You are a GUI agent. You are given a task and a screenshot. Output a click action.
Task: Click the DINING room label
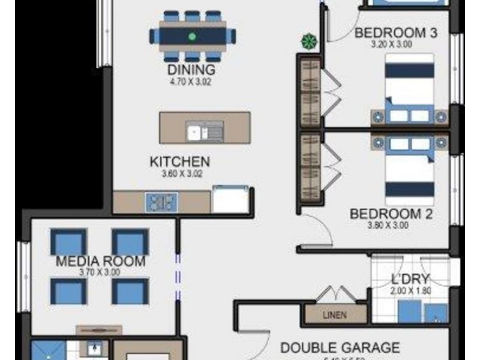tap(191, 71)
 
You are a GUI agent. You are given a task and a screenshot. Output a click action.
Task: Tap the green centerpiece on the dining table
tap(192, 37)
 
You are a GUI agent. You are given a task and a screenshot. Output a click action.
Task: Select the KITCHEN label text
tap(179, 162)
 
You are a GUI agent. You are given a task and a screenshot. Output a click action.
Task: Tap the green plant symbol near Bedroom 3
tap(308, 41)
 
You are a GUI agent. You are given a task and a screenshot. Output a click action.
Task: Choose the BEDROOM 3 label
tap(395, 33)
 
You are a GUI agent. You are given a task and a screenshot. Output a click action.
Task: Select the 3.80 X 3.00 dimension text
tap(388, 226)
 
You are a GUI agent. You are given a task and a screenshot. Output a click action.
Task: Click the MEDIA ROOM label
tap(100, 262)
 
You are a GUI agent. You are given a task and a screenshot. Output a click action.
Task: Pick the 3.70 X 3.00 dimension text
tap(100, 272)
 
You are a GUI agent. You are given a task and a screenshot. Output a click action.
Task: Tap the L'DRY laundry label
tap(410, 279)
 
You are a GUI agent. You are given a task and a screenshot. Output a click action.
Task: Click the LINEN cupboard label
tap(334, 315)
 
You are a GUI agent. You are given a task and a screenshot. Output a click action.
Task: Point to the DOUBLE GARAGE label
tap(340, 347)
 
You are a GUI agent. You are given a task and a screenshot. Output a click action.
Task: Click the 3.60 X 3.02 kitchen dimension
tap(179, 173)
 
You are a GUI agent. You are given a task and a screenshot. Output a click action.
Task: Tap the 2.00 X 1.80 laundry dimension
tap(410, 290)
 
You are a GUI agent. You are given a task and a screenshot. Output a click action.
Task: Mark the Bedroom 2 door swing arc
tap(318, 231)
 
